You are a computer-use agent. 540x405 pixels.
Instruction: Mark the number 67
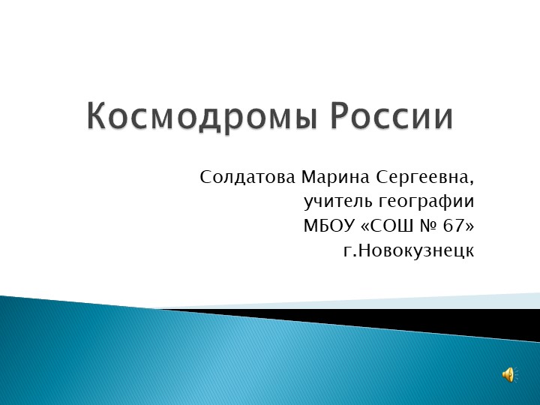[x=454, y=226]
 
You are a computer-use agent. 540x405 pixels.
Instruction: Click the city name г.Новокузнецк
[x=408, y=250]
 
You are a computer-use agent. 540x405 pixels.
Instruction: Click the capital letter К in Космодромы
[x=97, y=118]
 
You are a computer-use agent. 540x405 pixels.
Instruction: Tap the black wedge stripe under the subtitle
[x=420, y=319]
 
